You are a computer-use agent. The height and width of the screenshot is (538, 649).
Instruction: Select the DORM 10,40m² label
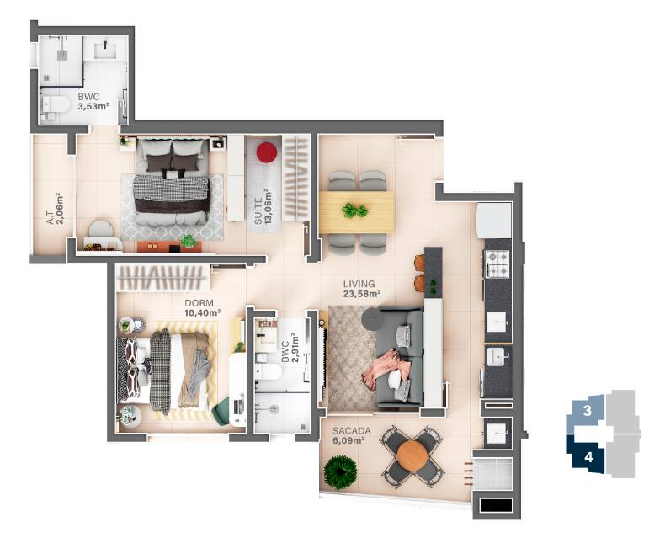point(201,307)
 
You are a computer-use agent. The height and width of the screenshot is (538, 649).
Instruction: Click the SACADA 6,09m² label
point(348,434)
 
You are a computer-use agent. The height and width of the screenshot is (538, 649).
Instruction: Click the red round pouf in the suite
point(267,152)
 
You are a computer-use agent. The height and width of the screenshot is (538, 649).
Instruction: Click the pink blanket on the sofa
point(386,367)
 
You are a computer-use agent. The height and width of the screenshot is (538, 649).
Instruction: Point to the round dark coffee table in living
point(370,320)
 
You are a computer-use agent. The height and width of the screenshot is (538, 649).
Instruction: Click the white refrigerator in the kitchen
point(494,220)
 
